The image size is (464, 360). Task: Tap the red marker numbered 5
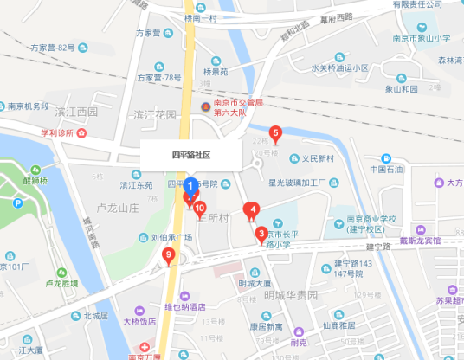[276, 134]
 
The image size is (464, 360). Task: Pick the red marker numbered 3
[261, 233]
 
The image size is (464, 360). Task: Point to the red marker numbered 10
[199, 209]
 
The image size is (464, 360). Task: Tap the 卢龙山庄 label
[118, 209]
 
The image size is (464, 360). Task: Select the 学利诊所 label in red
[63, 133]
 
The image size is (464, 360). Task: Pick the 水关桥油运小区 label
[339, 67]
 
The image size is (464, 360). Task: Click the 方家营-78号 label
[158, 77]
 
